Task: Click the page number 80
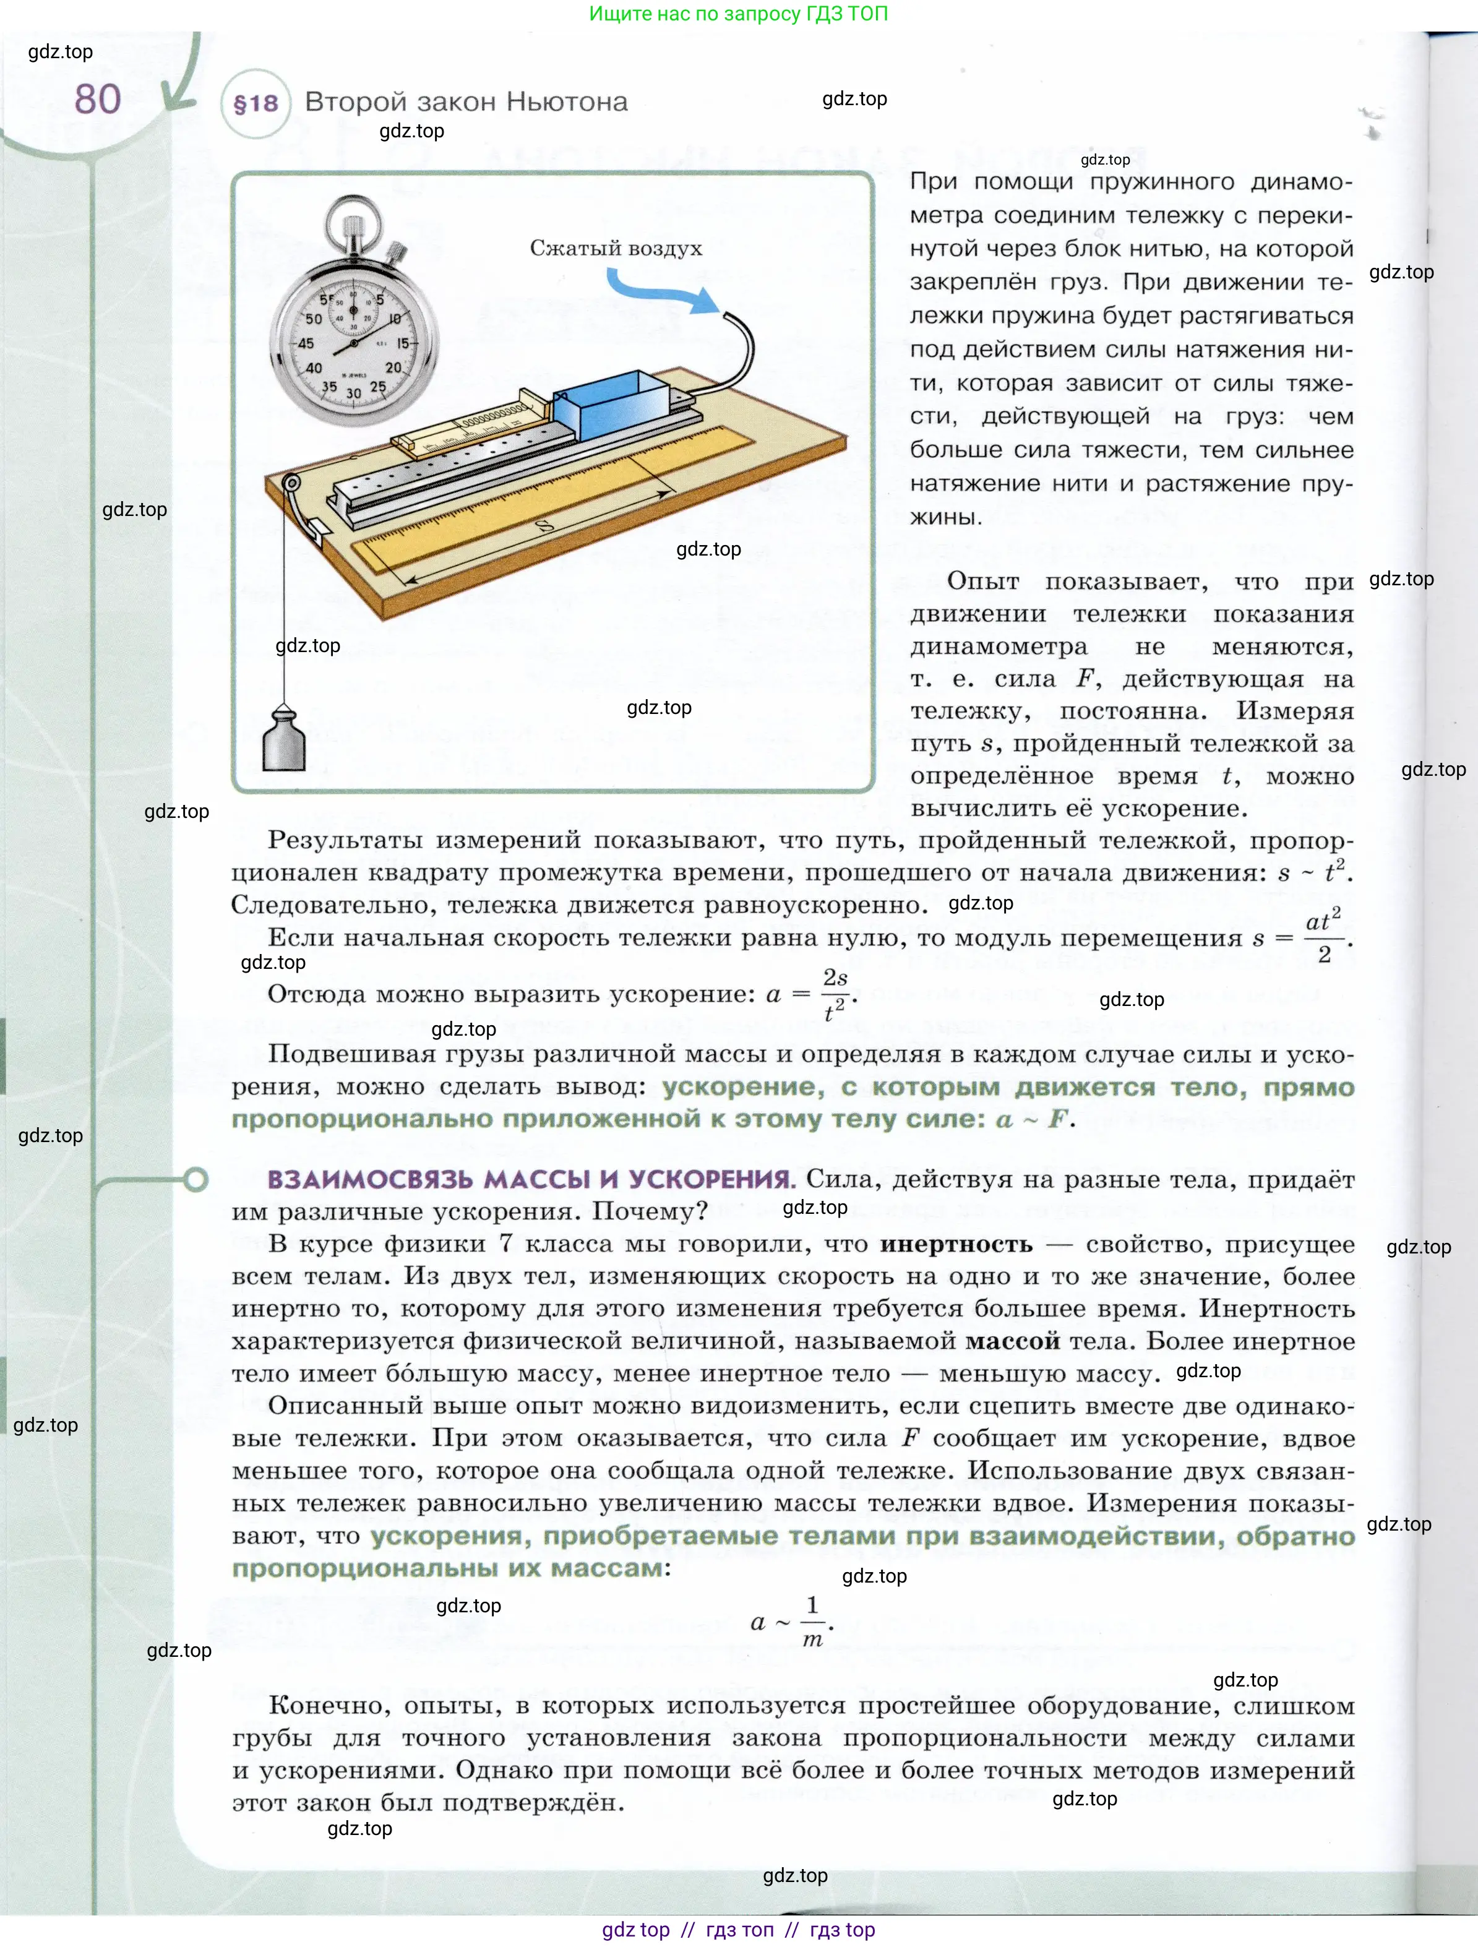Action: pyautogui.click(x=98, y=100)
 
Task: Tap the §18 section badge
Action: pyautogui.click(x=256, y=104)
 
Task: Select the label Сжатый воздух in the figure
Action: pyautogui.click(x=616, y=248)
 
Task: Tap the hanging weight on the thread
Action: pyautogui.click(x=283, y=739)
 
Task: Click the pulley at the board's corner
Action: pyautogui.click(x=291, y=483)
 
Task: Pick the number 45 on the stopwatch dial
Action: pyautogui.click(x=306, y=343)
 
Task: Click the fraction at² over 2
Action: pyautogui.click(x=1323, y=937)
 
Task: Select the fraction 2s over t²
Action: pyautogui.click(x=835, y=995)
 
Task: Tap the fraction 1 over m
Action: pyautogui.click(x=812, y=1622)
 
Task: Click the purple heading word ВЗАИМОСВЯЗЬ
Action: pyautogui.click(x=371, y=1179)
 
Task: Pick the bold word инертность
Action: pyautogui.click(x=956, y=1244)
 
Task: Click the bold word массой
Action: pyautogui.click(x=1012, y=1341)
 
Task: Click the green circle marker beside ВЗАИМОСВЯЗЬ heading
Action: pyautogui.click(x=195, y=1179)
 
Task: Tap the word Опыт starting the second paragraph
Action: pyautogui.click(x=982, y=582)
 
